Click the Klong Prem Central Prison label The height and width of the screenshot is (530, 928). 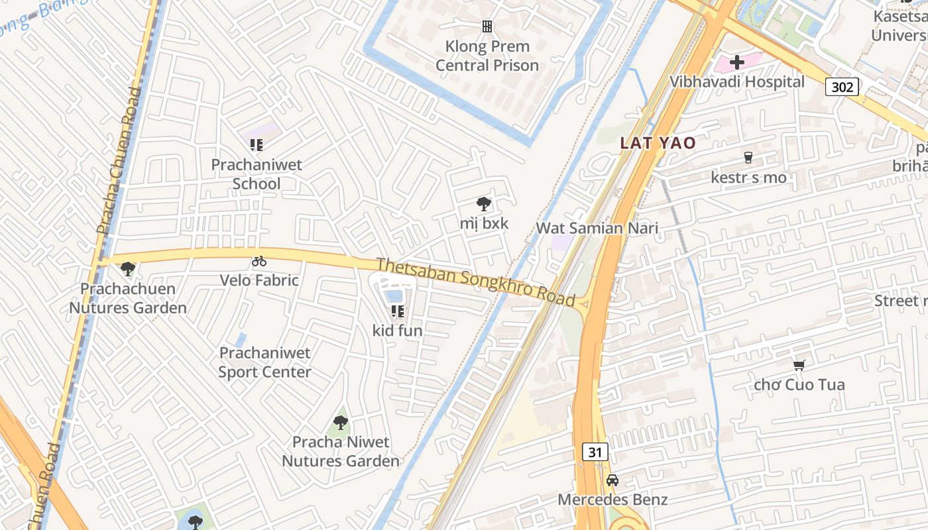tap(487, 56)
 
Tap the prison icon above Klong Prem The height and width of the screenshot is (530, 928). tap(487, 26)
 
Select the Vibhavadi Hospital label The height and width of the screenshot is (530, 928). tap(737, 81)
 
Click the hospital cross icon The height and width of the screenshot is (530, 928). tap(736, 62)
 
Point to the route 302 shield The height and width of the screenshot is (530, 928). tap(842, 86)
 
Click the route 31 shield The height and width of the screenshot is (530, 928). tap(595, 452)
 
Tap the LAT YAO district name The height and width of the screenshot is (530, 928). tap(658, 143)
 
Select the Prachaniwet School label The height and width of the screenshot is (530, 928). tap(257, 174)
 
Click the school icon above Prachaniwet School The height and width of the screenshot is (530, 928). tap(257, 144)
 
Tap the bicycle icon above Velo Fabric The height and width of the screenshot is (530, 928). tap(259, 261)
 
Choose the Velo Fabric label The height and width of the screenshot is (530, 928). tap(259, 280)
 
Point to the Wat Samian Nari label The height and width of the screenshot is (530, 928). tap(597, 229)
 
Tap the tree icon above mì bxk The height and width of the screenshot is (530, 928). tap(484, 204)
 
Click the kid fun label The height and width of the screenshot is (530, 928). tap(397, 330)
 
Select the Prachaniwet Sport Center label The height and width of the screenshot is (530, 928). tap(264, 362)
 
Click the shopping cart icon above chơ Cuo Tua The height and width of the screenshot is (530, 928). tap(799, 365)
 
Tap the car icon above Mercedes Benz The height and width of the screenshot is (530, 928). tap(612, 480)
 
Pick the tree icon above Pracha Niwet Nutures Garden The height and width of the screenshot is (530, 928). tap(341, 422)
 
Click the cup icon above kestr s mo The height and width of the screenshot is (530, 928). tap(748, 158)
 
